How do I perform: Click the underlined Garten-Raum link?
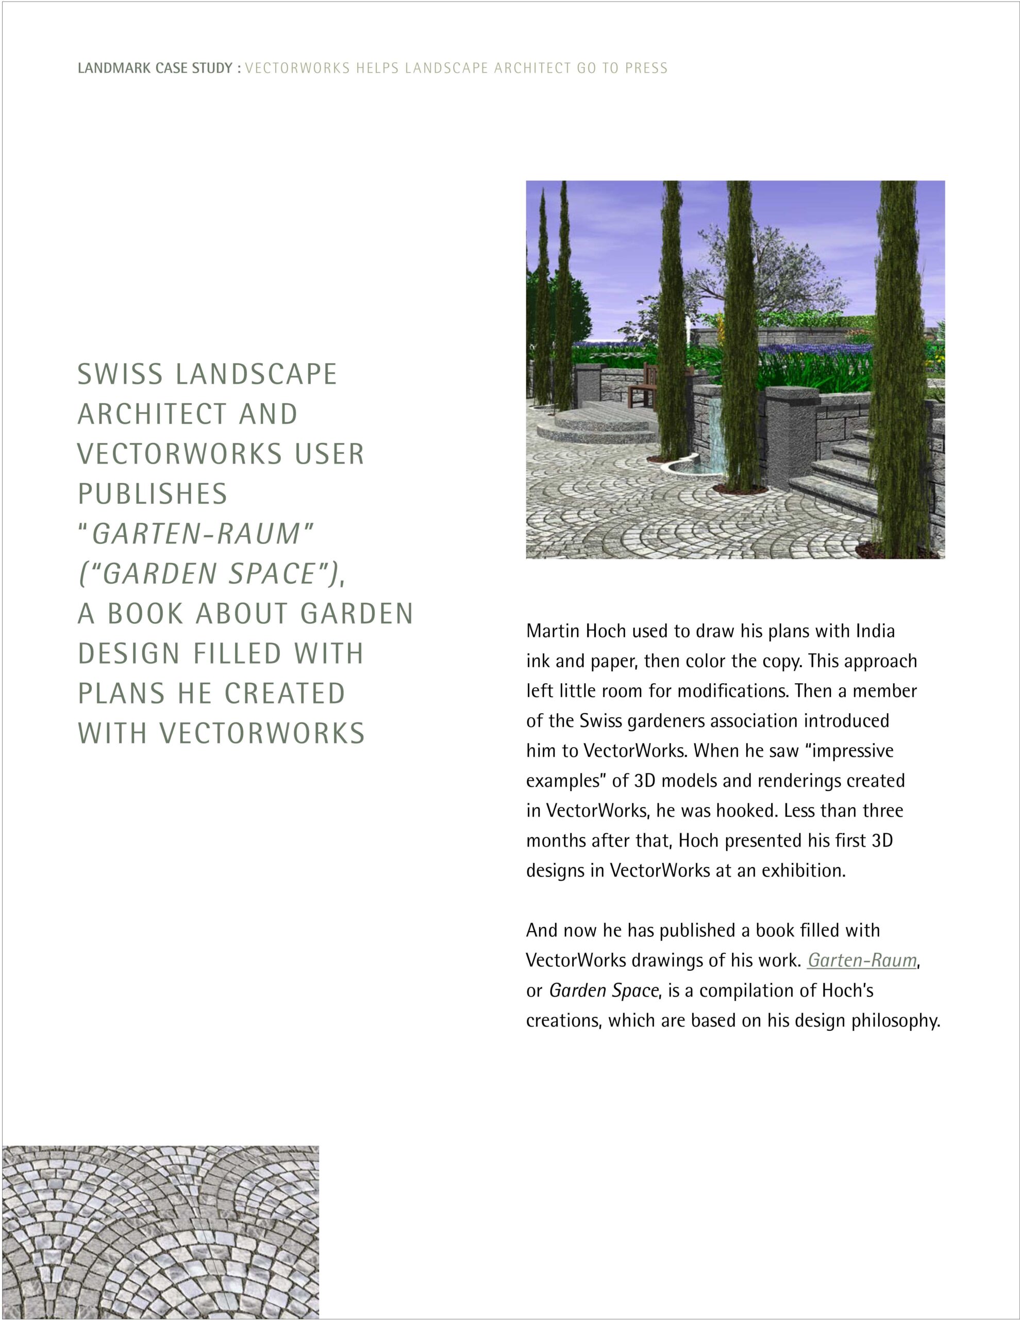click(x=862, y=961)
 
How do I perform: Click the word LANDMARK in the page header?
click(x=113, y=68)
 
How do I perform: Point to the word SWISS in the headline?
click(x=120, y=374)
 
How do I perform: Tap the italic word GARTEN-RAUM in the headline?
click(x=196, y=534)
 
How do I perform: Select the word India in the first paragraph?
click(x=875, y=631)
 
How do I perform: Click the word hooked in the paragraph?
click(x=746, y=811)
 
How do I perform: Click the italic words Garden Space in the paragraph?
click(x=603, y=991)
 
